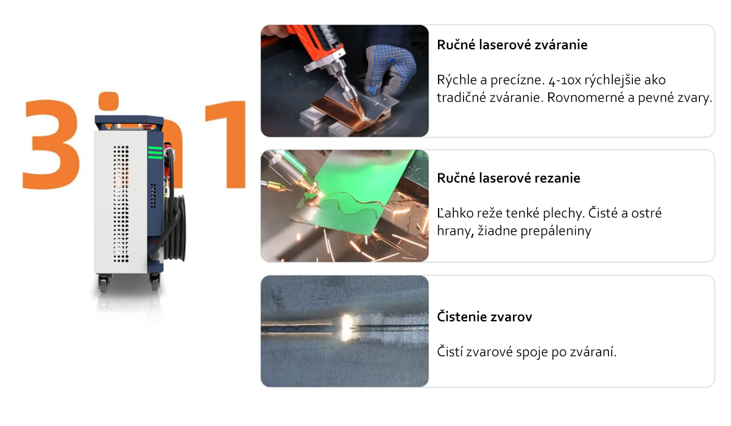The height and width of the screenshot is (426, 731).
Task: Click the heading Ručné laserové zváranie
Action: (512, 45)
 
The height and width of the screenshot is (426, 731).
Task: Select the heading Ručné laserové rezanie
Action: (509, 178)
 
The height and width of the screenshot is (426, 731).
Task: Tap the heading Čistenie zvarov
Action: (484, 317)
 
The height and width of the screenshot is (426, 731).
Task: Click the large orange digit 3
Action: (51, 144)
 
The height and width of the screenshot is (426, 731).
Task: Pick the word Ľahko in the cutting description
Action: (453, 213)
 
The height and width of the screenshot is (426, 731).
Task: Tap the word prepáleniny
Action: (556, 231)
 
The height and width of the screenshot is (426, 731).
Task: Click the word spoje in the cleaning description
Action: (532, 352)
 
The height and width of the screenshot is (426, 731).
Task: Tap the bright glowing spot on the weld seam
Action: (346, 327)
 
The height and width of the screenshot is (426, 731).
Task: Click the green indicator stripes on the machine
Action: (155, 153)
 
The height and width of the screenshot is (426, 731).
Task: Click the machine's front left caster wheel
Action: (103, 283)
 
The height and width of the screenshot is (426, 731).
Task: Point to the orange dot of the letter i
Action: (108, 100)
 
